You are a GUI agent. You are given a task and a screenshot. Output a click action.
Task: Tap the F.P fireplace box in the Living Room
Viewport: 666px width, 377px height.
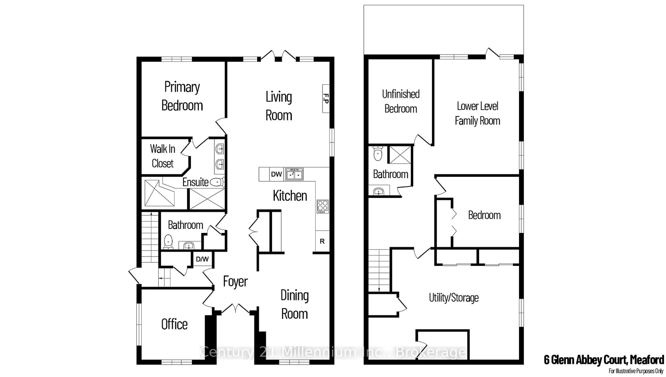pos(326,99)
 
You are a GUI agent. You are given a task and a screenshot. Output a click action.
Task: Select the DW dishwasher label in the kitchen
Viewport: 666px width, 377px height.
pos(276,174)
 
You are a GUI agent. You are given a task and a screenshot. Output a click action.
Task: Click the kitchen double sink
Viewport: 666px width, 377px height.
pos(294,174)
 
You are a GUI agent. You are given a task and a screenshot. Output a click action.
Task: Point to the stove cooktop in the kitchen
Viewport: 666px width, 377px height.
pos(323,206)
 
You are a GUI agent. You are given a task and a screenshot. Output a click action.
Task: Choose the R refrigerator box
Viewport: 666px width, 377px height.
pos(322,241)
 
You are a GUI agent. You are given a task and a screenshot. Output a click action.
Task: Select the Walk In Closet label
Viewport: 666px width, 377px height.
pos(163,156)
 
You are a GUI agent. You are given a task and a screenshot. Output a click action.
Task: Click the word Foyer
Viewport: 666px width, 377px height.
pos(235,282)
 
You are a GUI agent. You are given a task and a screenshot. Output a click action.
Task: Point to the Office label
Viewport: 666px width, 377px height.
pos(174,324)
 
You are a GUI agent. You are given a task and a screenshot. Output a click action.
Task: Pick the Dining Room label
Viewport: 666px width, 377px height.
pos(295,305)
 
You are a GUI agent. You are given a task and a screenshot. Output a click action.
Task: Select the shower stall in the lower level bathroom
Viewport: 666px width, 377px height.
pos(400,155)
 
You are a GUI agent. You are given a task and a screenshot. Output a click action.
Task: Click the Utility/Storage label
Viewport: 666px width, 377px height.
pos(454,298)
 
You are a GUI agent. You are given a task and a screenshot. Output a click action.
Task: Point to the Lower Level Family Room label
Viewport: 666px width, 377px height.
pos(477,113)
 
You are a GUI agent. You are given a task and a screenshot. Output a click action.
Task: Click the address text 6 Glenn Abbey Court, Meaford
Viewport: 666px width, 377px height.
pos(604,360)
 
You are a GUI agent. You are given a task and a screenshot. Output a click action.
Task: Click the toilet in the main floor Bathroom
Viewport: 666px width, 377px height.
pos(168,242)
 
